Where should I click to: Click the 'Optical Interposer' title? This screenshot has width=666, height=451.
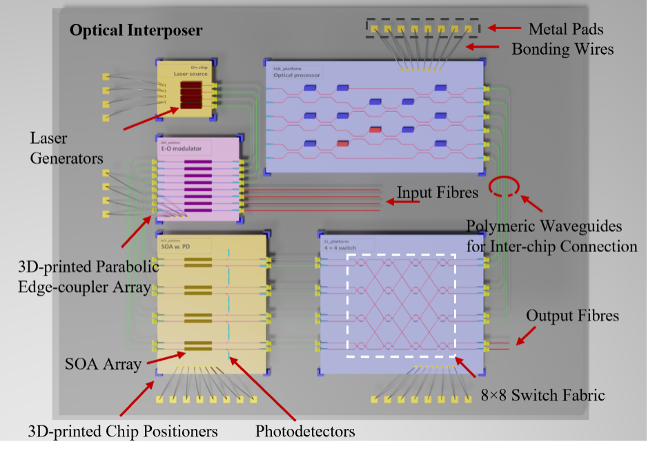(x=135, y=31)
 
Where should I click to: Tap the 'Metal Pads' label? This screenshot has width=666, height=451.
(x=566, y=29)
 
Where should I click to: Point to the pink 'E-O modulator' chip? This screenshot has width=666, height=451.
(x=198, y=180)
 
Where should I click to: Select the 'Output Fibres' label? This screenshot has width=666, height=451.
(x=572, y=316)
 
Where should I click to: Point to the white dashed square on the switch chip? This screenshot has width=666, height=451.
(x=400, y=305)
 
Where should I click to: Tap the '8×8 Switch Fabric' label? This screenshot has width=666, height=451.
(x=542, y=395)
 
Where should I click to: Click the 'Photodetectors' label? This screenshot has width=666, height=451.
(x=305, y=432)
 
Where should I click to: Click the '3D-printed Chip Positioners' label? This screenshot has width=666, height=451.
(x=123, y=432)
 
